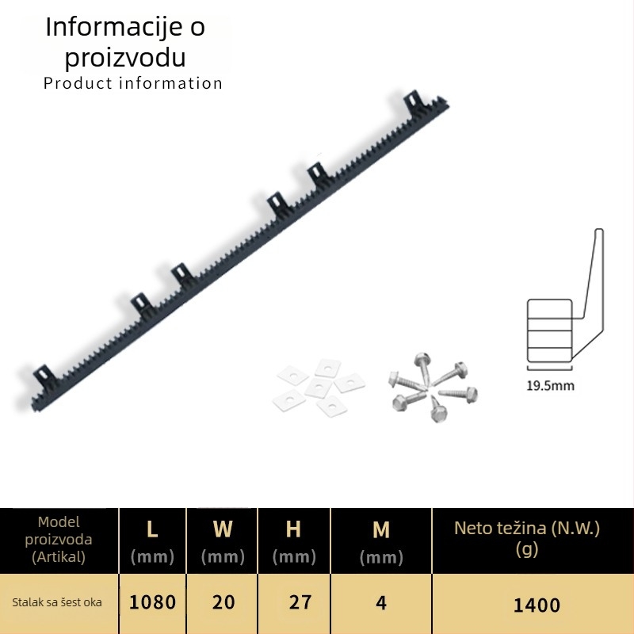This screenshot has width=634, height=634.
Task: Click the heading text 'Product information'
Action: point(133,83)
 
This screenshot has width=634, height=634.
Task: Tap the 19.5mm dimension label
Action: point(550,385)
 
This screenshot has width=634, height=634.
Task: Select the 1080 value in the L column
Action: point(152,602)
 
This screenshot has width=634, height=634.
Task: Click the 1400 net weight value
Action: point(537,605)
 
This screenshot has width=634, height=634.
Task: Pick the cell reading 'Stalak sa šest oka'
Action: point(57,602)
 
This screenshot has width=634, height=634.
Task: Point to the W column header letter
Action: point(223,529)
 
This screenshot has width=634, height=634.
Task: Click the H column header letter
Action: point(293,529)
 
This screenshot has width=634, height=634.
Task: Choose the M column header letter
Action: point(381,529)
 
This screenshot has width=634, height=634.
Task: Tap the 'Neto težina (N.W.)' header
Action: point(527,528)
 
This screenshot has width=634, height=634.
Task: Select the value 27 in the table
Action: point(300,602)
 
